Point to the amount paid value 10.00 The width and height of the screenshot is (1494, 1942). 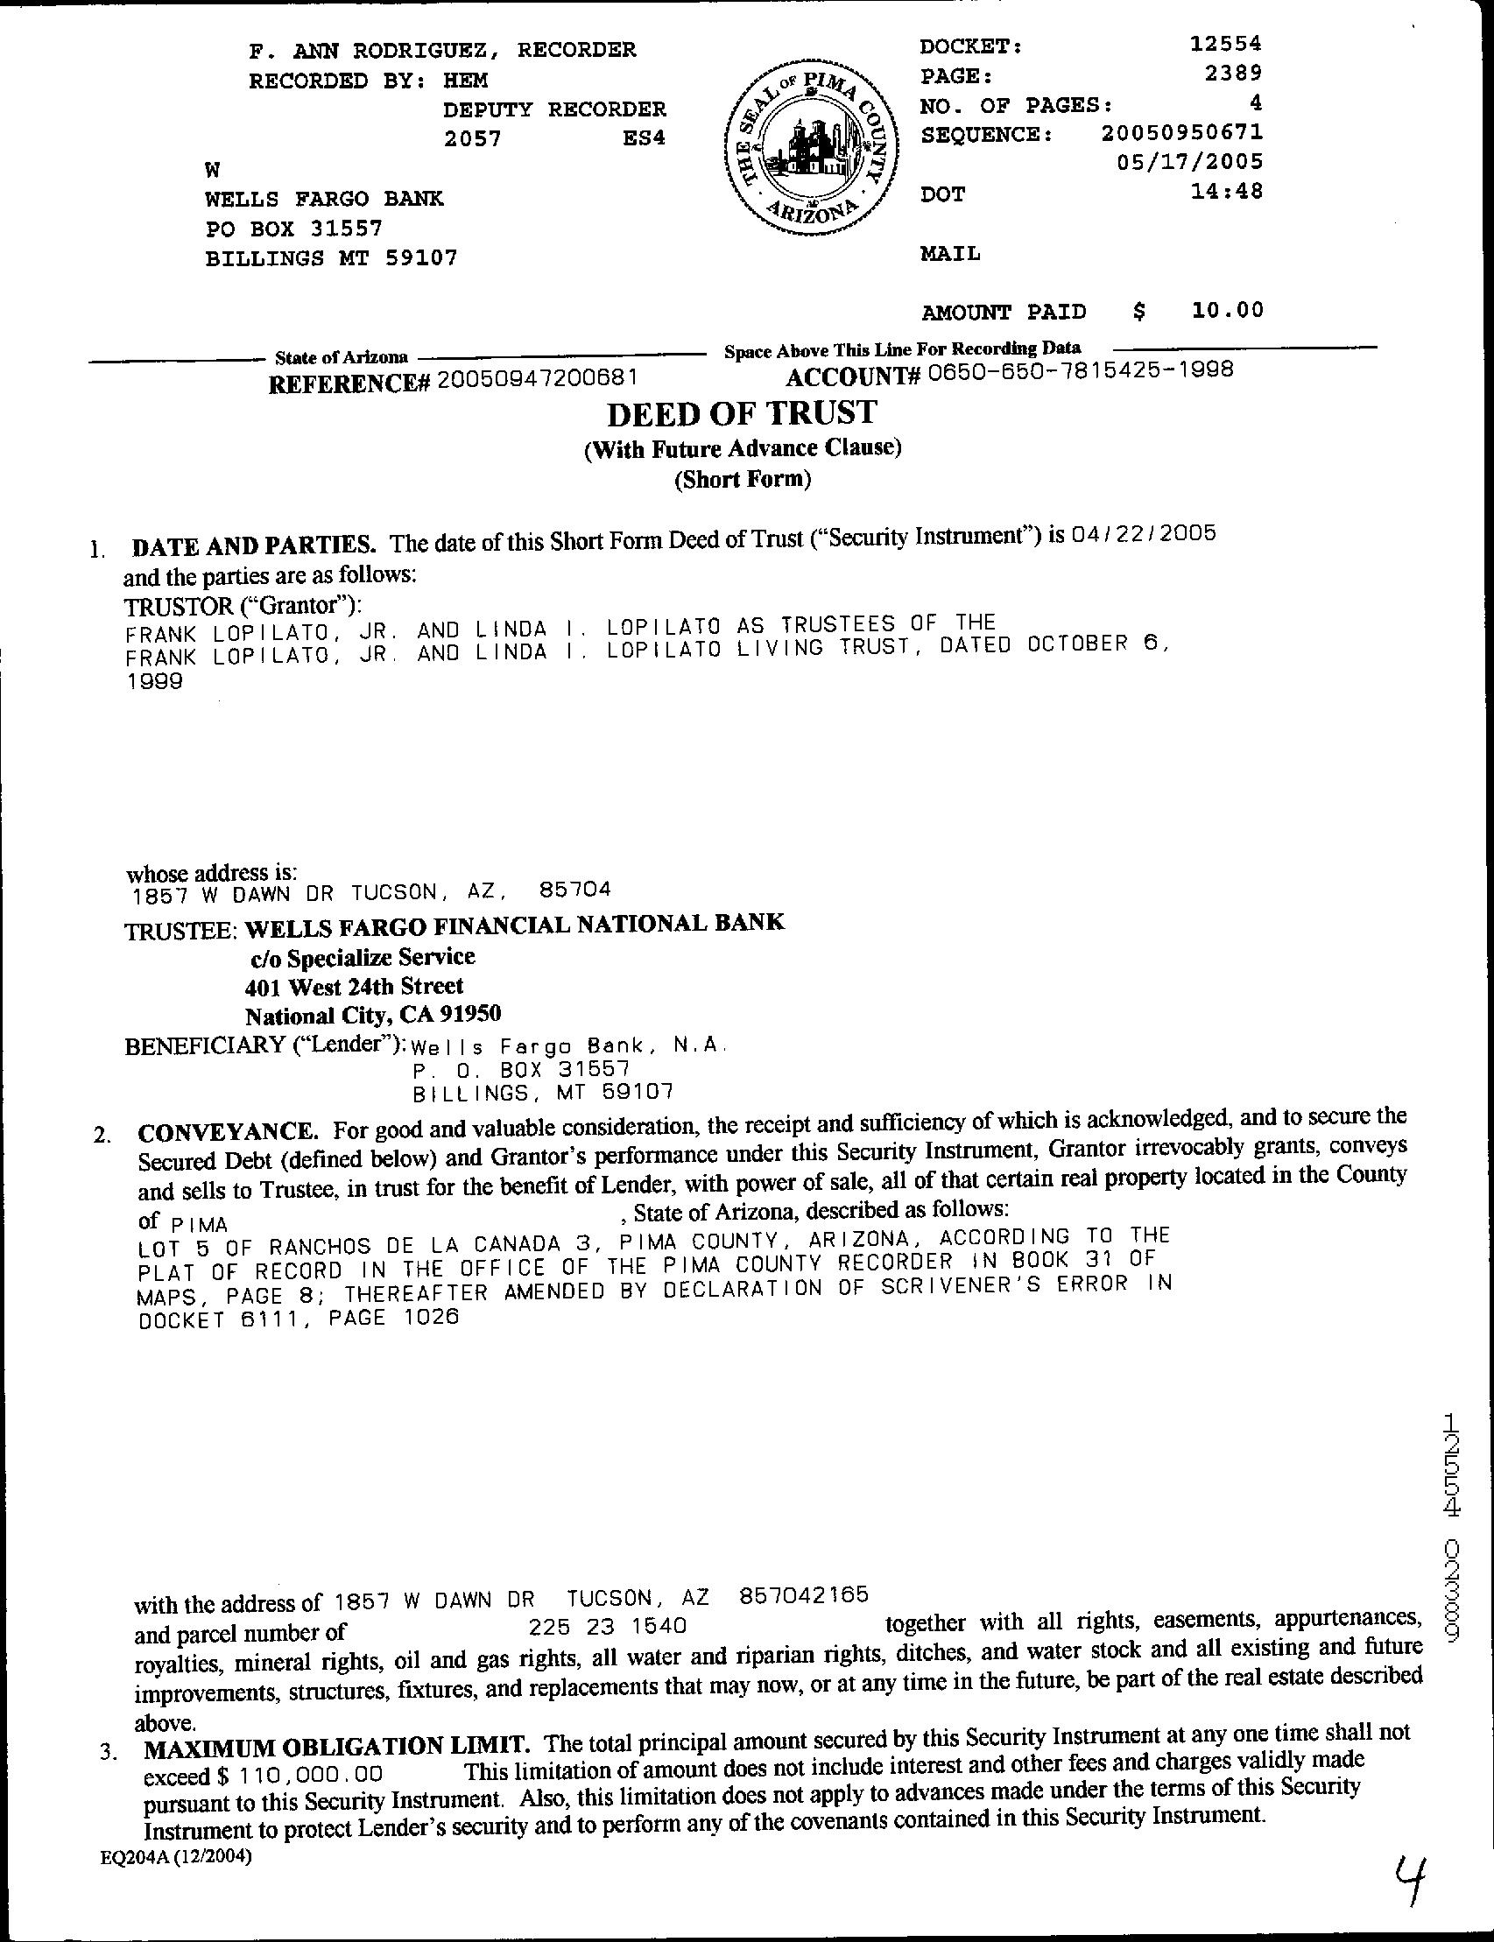pos(1226,310)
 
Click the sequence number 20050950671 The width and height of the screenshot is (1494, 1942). pos(1182,133)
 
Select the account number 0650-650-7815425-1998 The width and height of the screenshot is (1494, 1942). pos(1080,370)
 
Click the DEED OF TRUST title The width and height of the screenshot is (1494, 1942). pos(742,413)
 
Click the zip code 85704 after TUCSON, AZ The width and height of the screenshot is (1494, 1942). pos(574,890)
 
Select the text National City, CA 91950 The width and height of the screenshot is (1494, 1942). pos(373,1015)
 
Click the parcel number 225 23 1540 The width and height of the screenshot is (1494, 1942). pos(608,1626)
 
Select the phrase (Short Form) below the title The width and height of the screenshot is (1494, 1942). pos(743,480)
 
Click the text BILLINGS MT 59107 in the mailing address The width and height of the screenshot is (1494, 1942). pos(332,259)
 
